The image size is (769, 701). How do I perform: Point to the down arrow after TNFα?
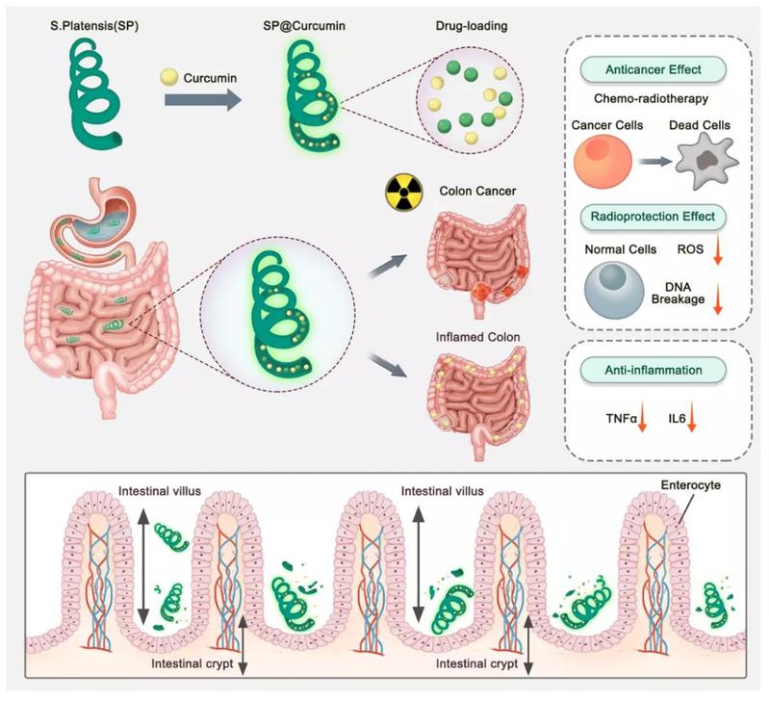click(644, 418)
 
